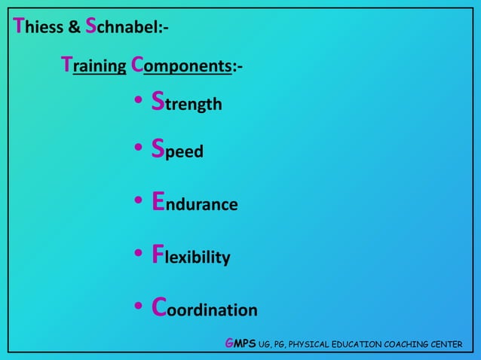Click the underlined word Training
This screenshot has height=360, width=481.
tap(93, 66)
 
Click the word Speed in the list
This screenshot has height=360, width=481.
tap(177, 151)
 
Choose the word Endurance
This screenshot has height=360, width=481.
tap(195, 203)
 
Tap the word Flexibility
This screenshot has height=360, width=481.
tap(191, 257)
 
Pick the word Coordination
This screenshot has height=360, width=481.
tap(204, 309)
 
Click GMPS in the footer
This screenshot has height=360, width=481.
tap(240, 344)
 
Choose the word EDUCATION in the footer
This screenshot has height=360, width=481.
tap(359, 345)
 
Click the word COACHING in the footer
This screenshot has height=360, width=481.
tap(412, 345)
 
